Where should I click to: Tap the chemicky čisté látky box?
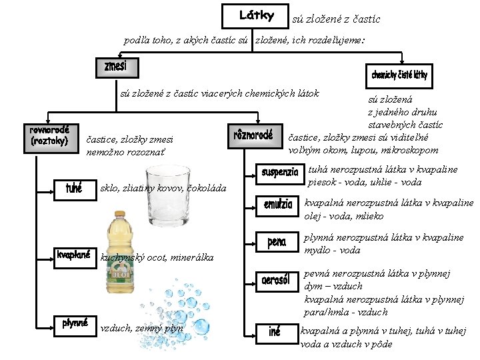click(399, 75)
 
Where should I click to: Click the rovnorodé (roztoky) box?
click(49, 135)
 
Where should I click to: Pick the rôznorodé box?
click(253, 136)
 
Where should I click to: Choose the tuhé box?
click(73, 189)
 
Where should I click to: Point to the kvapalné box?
click(73, 255)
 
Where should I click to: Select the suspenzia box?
click(279, 173)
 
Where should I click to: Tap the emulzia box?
click(277, 205)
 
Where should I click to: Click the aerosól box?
click(279, 279)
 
